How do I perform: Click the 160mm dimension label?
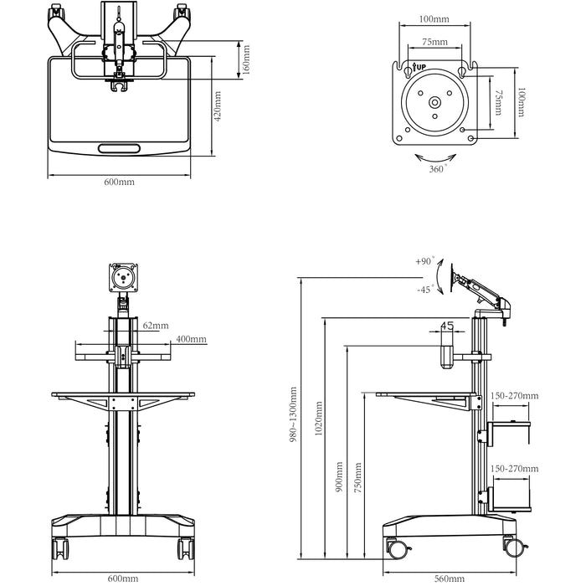click(245, 59)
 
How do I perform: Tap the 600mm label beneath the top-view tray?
click(119, 181)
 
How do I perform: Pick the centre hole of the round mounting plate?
click(434, 103)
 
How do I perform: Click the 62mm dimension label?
click(155, 325)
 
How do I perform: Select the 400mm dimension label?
click(191, 339)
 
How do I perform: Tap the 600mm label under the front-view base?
click(123, 578)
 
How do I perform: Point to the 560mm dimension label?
click(450, 578)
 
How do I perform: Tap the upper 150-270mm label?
click(515, 396)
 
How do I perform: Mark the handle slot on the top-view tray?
click(120, 148)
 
